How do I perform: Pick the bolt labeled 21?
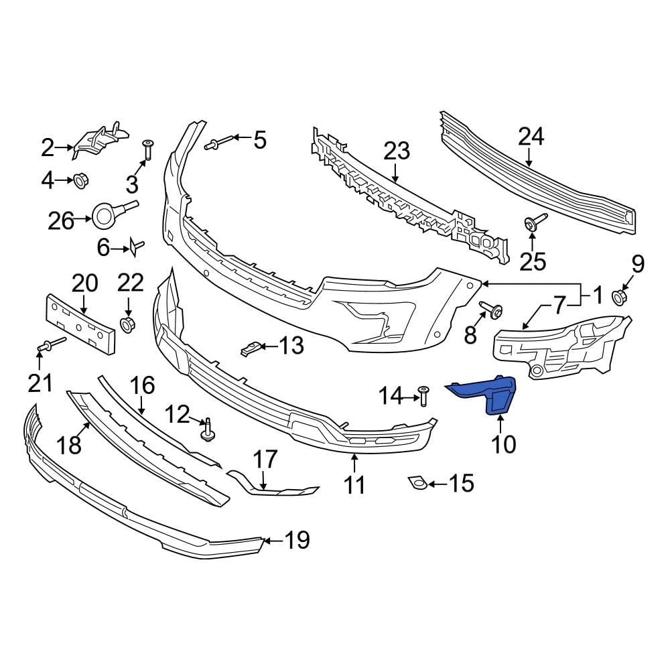[49, 346]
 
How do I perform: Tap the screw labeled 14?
[423, 395]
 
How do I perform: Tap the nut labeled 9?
[620, 295]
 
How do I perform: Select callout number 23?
[396, 151]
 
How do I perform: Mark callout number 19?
[297, 540]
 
